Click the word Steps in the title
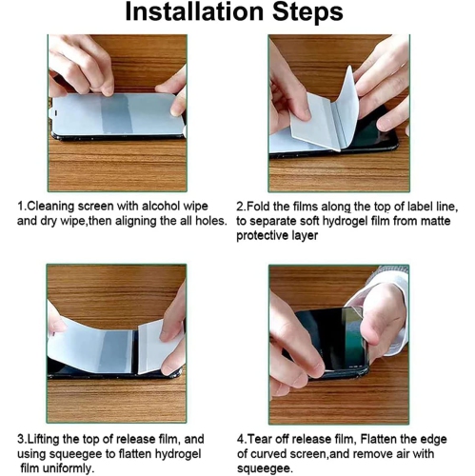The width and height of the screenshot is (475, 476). click(307, 13)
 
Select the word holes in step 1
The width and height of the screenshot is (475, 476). click(210, 220)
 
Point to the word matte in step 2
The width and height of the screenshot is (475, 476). click(434, 221)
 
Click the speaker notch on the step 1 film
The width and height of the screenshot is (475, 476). click(56, 112)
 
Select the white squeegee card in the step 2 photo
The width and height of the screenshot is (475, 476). click(314, 122)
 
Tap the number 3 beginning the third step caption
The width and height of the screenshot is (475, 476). click(21, 439)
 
